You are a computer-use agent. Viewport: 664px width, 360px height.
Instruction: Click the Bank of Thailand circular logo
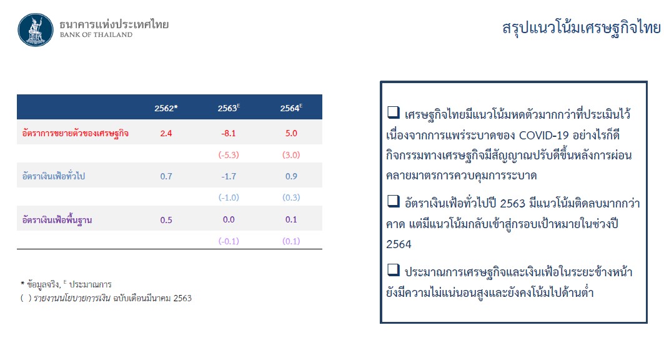tap(36, 29)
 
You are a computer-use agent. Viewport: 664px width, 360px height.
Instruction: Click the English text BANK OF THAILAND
tap(96, 35)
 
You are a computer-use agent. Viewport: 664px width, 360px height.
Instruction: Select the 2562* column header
tap(166, 108)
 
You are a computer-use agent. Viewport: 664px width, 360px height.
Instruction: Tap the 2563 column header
tap(229, 108)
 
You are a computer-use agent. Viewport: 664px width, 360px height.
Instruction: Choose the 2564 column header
tap(291, 108)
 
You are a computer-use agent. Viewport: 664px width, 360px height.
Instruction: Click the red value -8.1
tap(229, 133)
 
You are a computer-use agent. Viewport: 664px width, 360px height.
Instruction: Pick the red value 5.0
tap(291, 133)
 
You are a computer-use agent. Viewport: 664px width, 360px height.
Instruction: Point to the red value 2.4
tap(166, 133)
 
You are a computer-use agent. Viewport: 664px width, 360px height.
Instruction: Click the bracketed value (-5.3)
tap(229, 155)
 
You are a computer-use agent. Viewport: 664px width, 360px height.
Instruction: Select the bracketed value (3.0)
tap(291, 155)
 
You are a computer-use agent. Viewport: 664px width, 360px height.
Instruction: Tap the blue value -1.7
tap(229, 176)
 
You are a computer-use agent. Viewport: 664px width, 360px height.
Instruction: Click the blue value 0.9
tap(291, 176)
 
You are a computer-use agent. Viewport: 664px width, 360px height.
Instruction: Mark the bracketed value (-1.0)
tap(229, 197)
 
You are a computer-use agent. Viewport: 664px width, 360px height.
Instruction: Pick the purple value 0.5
tap(166, 220)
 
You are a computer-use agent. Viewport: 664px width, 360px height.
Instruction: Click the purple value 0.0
tap(229, 219)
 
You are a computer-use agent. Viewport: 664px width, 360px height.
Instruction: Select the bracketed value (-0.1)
tap(229, 241)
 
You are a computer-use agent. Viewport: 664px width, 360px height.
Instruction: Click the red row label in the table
tap(76, 133)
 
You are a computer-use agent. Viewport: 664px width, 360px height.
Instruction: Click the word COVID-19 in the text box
tap(543, 135)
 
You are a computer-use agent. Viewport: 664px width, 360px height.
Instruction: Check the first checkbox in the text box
tap(394, 112)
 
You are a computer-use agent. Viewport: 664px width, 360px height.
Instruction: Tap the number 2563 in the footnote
tap(182, 298)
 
